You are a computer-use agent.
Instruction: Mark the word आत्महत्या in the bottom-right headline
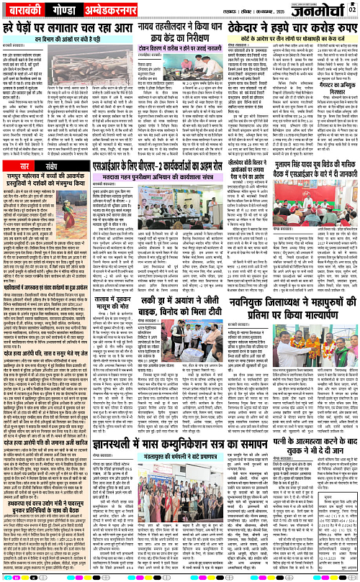pos(294,434)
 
